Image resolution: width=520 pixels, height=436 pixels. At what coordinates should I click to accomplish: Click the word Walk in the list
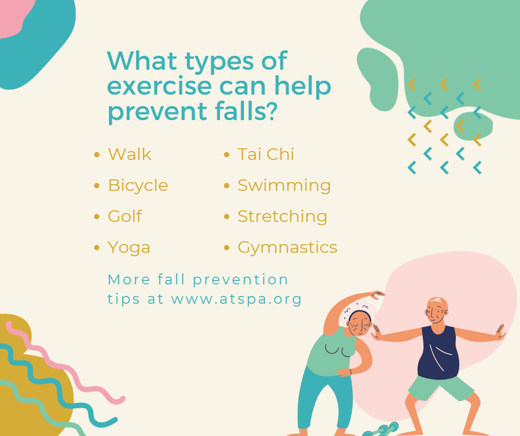(129, 154)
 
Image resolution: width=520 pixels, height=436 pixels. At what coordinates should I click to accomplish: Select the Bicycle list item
(138, 186)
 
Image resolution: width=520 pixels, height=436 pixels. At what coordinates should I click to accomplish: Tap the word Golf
(125, 216)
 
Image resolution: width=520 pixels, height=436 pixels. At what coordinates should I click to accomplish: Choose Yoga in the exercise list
(129, 248)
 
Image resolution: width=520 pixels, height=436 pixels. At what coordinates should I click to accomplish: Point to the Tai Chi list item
(266, 154)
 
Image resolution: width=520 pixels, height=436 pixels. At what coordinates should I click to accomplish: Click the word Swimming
(284, 186)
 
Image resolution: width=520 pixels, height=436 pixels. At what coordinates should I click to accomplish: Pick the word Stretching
(283, 217)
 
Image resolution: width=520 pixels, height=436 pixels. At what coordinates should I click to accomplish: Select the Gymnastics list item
(288, 248)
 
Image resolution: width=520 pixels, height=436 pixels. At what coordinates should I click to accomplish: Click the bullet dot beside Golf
(97, 217)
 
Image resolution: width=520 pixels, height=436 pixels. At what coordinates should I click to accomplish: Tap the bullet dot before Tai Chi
(227, 154)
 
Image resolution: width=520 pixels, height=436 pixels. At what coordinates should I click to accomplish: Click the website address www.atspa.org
(236, 299)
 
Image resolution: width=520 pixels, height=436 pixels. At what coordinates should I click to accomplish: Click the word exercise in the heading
(159, 86)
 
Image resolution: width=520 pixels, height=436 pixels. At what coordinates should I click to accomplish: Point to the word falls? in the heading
(246, 110)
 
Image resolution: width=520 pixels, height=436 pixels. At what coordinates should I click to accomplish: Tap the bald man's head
(437, 310)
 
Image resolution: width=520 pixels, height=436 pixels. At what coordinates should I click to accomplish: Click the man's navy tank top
(439, 353)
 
